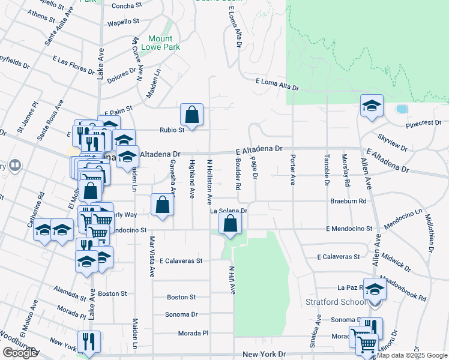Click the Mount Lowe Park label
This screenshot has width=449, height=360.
pyautogui.click(x=164, y=42)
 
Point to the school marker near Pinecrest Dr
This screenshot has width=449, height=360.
pyautogui.click(x=372, y=106)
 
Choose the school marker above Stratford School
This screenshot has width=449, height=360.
pyautogui.click(x=375, y=289)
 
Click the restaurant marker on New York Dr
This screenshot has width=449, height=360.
pyautogui.click(x=89, y=341)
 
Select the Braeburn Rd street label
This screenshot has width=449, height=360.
pyautogui.click(x=348, y=201)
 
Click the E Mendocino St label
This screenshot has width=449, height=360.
pyautogui.click(x=349, y=229)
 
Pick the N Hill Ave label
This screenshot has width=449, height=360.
pyautogui.click(x=231, y=280)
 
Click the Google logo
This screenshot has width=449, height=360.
pyautogui.click(x=20, y=353)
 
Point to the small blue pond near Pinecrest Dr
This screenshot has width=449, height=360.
pyautogui.click(x=401, y=109)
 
